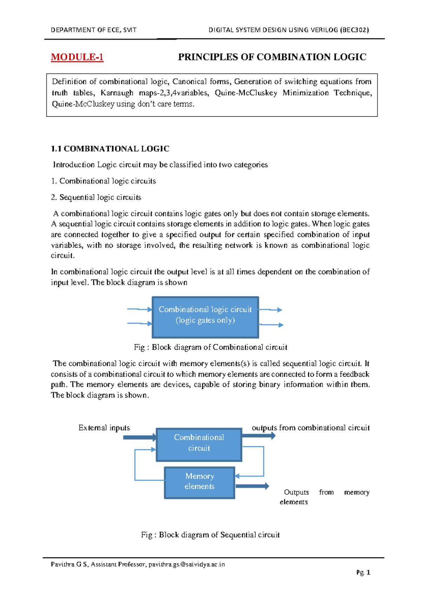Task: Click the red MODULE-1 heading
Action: point(77,57)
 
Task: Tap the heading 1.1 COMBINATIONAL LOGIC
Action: point(110,149)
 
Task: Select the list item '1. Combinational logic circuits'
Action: point(103,181)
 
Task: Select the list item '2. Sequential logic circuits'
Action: point(96,197)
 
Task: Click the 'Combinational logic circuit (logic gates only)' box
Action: point(205,317)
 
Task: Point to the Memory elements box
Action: point(199,482)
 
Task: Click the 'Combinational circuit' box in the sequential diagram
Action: point(199,444)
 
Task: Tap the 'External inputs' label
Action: point(104,428)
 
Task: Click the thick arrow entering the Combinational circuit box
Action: point(140,438)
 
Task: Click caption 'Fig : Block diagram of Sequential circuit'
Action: point(210,535)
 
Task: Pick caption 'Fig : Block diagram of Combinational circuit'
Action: point(210,347)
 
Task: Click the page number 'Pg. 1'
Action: point(363,572)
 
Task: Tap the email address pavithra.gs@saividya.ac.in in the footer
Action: point(186,564)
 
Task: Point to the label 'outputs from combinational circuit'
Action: point(310,428)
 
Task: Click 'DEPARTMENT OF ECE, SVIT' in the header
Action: point(93,30)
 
